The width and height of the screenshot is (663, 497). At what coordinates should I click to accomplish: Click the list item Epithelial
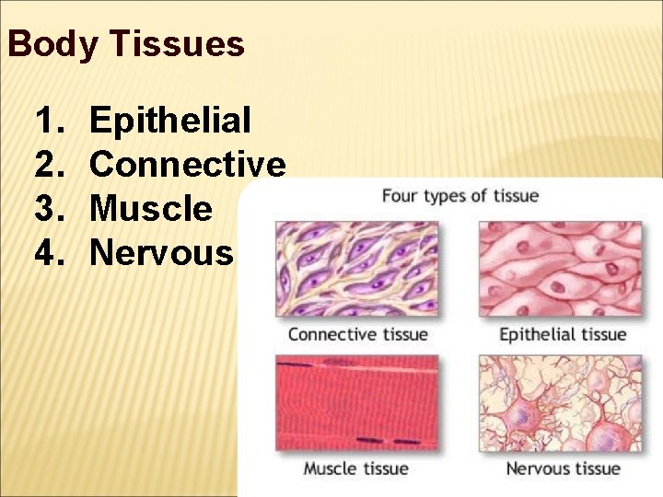(170, 120)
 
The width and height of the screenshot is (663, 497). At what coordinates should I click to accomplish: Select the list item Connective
(188, 164)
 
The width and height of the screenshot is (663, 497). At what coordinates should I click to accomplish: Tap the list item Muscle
(151, 208)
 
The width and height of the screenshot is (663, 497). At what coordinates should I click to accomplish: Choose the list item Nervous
(162, 251)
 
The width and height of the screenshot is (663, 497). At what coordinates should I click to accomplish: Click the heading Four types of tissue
(459, 195)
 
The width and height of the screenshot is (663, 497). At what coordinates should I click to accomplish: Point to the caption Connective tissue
(357, 334)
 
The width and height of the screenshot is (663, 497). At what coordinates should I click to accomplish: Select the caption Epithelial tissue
(562, 334)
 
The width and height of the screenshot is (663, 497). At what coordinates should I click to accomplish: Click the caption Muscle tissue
(355, 468)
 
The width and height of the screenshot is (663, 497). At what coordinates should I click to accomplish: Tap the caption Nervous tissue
(562, 468)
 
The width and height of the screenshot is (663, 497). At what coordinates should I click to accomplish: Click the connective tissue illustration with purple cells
(357, 269)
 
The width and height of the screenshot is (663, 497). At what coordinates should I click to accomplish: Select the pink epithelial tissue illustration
(561, 269)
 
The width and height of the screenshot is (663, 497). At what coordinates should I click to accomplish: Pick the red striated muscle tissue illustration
(357, 403)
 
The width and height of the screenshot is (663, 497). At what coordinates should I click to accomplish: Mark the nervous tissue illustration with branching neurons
(561, 403)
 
